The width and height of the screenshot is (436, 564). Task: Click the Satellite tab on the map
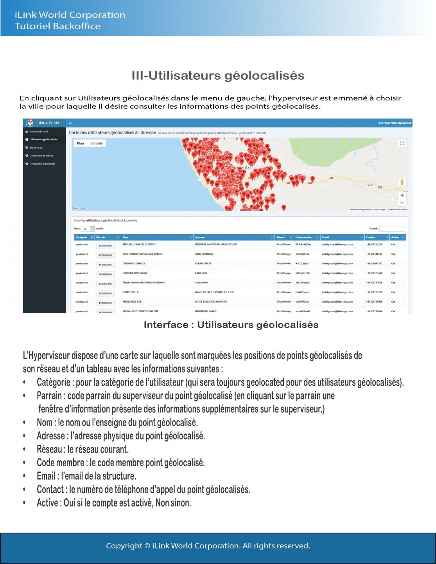coord(97,143)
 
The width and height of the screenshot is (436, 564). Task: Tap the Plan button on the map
coord(81,143)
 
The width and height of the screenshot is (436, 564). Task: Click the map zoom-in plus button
coord(402,195)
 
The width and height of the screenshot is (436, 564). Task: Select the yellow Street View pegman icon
coord(402,182)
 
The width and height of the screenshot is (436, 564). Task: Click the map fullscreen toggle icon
coord(402,143)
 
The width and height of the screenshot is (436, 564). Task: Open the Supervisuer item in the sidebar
coord(36,148)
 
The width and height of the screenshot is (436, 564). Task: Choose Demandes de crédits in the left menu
coord(41,156)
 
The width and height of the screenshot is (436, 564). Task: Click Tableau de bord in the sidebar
coord(39,132)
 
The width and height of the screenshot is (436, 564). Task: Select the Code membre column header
coord(304,237)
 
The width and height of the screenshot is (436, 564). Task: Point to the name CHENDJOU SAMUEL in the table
coord(134,263)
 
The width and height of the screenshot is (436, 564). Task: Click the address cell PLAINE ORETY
coord(203,263)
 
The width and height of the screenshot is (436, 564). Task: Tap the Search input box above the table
coord(393,229)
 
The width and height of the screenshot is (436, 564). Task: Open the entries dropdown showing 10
coord(88,229)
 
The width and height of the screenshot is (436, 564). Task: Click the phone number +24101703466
coord(374,273)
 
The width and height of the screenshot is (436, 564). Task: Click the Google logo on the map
coord(79,208)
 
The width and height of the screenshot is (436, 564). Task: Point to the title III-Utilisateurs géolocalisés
coord(218,75)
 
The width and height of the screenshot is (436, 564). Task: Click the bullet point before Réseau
coord(24,449)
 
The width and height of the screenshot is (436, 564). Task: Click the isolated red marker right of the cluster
coord(312,179)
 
